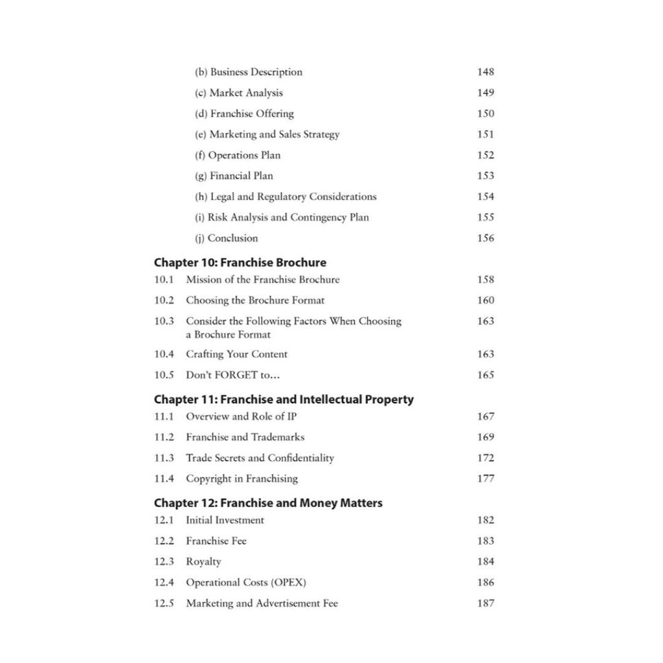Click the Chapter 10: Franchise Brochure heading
[x=240, y=263]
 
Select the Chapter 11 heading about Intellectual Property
[x=284, y=399]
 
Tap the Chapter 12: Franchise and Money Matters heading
[x=268, y=503]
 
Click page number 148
[x=486, y=72]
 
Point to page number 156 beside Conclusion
[x=486, y=238]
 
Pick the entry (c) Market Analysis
[x=239, y=93]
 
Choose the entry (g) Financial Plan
[x=234, y=175]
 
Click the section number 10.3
[x=164, y=321]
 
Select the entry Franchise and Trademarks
[x=245, y=437]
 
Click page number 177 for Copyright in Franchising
[x=486, y=478]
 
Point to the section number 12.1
[x=164, y=520]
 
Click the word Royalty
[x=203, y=561]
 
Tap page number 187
[x=486, y=603]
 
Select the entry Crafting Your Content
[x=236, y=354]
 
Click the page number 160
[x=486, y=300]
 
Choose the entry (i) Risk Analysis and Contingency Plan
[x=282, y=217]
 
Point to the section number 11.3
[x=164, y=458]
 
